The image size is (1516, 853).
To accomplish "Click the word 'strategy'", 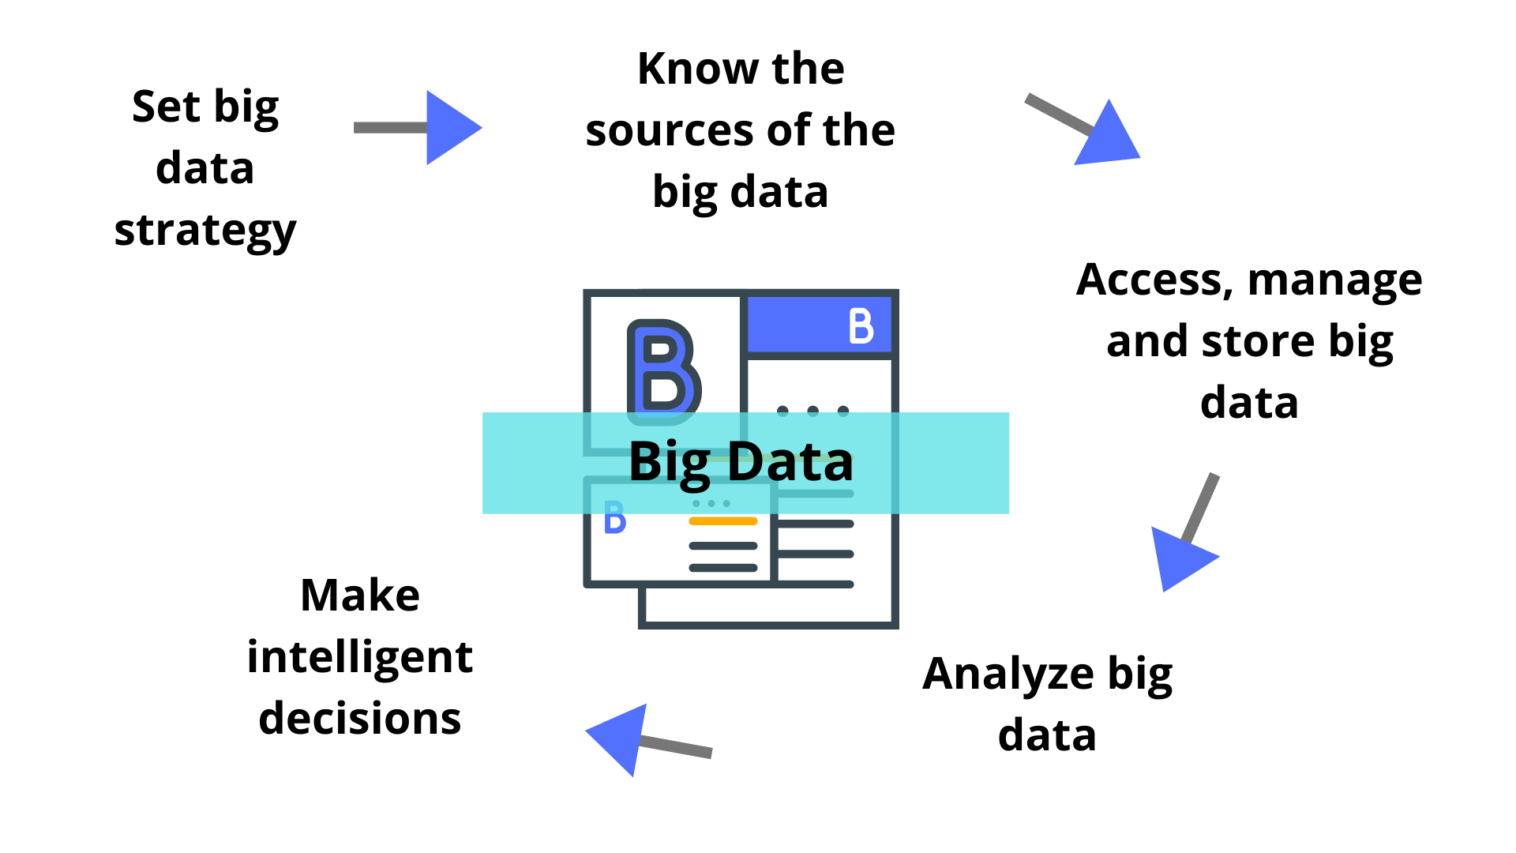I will coord(205,231).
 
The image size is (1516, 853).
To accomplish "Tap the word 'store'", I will coord(1259,342).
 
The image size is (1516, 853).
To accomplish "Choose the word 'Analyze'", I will coord(1008,675).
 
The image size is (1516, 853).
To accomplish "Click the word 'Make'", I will coord(360,596).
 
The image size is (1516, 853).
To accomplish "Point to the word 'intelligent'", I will coord(360,657).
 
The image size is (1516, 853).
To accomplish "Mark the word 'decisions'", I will coord(360,719).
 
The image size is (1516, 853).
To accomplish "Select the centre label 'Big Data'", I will coord(741,462).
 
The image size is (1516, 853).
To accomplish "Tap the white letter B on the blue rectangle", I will coord(861,325).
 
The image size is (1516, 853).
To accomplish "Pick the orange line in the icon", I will coord(722,521).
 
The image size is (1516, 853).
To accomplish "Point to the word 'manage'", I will coord(1334,280).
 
